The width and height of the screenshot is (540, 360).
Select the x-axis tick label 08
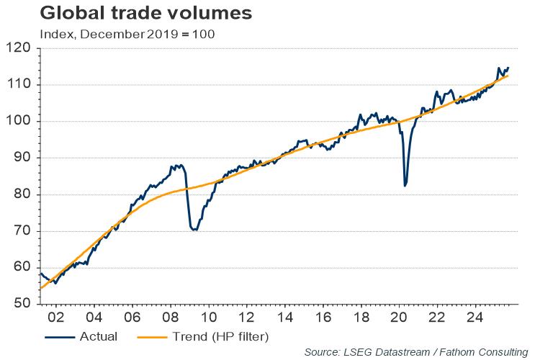click(171, 316)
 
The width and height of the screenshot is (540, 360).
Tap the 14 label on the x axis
click(284, 316)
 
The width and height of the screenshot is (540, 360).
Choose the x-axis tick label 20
click(397, 316)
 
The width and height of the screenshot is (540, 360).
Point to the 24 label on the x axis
click(472, 316)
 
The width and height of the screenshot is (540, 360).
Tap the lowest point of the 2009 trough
click(194, 230)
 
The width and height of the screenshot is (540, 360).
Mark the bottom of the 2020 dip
click(405, 186)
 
